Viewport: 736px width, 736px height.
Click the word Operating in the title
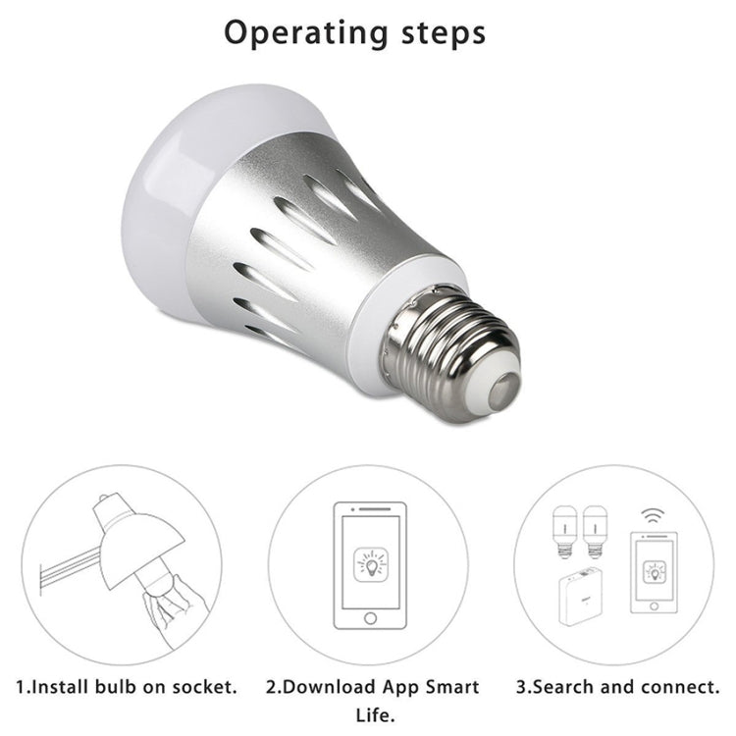pyautogui.click(x=304, y=31)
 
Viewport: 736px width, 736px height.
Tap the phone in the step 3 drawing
pyautogui.click(x=653, y=573)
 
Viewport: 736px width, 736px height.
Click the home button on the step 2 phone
pyautogui.click(x=369, y=618)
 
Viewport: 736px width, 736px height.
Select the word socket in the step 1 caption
pyautogui.click(x=202, y=687)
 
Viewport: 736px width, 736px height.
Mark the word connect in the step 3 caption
pyautogui.click(x=676, y=687)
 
